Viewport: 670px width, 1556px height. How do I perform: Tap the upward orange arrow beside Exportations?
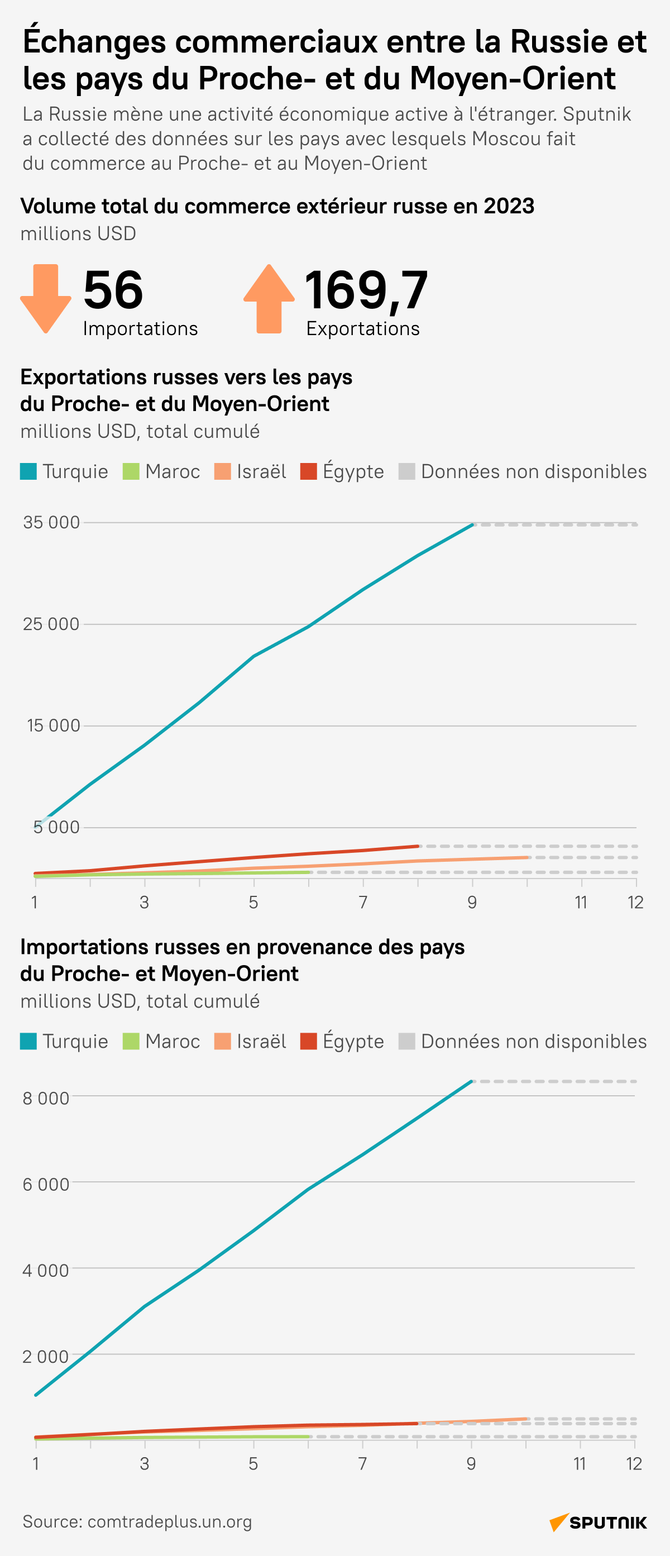point(269,298)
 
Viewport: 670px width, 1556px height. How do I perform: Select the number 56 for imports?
point(113,290)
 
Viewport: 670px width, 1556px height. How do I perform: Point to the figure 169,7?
point(366,290)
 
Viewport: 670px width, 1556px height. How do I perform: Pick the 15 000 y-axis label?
point(53,726)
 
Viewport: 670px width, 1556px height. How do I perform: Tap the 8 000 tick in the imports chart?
point(46,1098)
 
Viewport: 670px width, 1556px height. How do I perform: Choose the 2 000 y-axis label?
point(46,1357)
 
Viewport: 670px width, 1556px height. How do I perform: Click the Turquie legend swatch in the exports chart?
point(28,472)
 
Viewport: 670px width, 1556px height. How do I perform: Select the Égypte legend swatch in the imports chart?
point(308,1042)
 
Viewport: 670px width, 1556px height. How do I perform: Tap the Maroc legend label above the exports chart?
point(173,472)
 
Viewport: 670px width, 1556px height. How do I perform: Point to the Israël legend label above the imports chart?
point(261,1042)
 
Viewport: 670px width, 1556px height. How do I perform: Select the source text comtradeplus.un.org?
point(170,1522)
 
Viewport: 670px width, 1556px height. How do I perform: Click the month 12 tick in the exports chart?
point(635,903)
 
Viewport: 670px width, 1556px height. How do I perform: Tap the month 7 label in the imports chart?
point(363,1464)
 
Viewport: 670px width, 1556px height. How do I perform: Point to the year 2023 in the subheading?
point(509,206)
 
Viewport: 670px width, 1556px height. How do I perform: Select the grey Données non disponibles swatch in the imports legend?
point(407,1042)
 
